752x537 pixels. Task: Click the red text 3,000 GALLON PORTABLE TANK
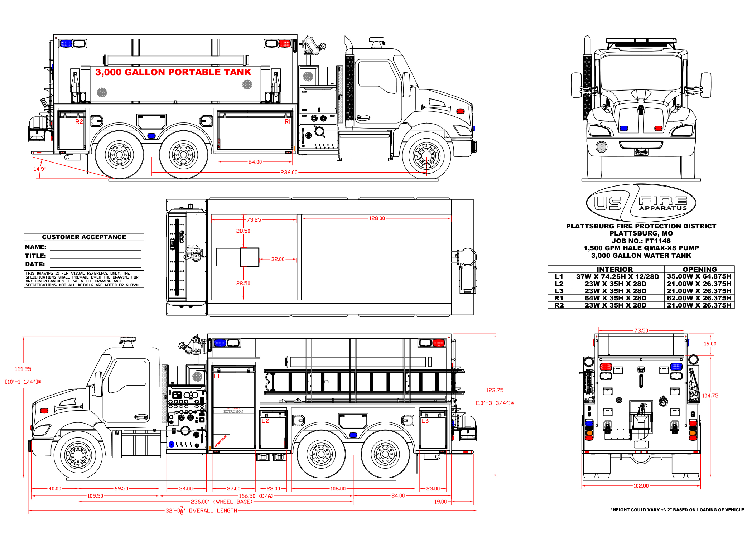click(173, 72)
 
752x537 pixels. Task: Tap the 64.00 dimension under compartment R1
click(255, 162)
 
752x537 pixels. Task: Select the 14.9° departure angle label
click(40, 169)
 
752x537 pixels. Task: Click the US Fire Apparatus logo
click(641, 203)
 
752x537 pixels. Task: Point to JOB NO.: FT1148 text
click(641, 241)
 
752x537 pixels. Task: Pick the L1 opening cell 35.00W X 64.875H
click(699, 276)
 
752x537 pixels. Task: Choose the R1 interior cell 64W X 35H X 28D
click(616, 298)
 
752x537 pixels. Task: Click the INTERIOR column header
click(614, 269)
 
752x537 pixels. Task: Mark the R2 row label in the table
click(559, 305)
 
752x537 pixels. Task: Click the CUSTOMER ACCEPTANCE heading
click(84, 237)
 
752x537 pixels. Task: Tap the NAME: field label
click(36, 247)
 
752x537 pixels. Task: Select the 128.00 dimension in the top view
click(377, 218)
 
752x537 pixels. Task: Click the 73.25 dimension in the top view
click(254, 220)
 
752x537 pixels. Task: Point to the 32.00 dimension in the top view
click(278, 259)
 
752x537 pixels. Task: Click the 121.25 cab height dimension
click(23, 369)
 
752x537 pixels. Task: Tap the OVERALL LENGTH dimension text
click(213, 511)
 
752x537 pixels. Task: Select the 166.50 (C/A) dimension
click(256, 496)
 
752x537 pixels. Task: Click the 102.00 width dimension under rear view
click(641, 486)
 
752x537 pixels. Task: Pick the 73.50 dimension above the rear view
click(641, 330)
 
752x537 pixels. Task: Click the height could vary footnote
click(677, 510)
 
